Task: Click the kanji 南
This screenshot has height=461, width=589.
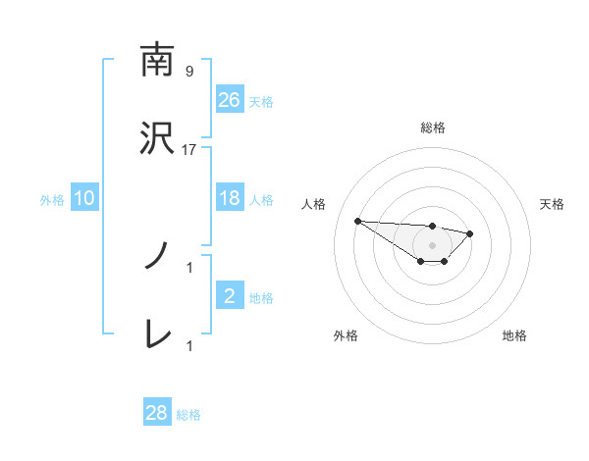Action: click(157, 60)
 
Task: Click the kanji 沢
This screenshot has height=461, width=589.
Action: click(157, 138)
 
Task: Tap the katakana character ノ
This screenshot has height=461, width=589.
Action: click(157, 257)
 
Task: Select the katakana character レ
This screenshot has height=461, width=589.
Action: click(157, 334)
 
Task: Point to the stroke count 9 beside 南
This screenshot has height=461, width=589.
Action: click(189, 72)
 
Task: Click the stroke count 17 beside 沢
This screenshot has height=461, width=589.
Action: click(189, 149)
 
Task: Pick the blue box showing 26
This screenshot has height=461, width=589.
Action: click(229, 99)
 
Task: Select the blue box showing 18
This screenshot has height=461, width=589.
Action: click(229, 198)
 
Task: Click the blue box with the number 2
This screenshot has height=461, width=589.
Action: click(229, 296)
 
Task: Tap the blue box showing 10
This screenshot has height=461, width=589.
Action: click(84, 198)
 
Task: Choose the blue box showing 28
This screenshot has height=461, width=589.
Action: click(157, 413)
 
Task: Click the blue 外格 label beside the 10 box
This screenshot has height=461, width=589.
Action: click(52, 199)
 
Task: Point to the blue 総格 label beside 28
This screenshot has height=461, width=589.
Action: click(188, 415)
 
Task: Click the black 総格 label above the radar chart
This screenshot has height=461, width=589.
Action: click(433, 128)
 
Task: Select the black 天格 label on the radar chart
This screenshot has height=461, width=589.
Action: click(553, 204)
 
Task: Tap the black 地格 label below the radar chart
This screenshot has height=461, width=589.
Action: click(514, 335)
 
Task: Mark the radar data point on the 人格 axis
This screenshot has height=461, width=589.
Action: click(357, 221)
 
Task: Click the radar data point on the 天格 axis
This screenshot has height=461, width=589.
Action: click(470, 233)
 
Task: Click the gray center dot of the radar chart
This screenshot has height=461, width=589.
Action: click(433, 245)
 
